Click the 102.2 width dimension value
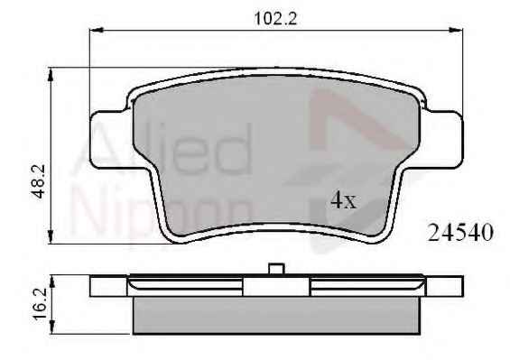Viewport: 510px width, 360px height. [x=275, y=19]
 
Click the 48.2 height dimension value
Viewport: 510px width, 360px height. [x=39, y=181]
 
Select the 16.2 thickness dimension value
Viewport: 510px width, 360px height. [x=41, y=304]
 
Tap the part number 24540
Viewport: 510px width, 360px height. [x=460, y=233]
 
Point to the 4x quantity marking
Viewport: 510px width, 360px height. [x=344, y=200]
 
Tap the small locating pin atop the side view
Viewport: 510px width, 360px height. [x=276, y=269]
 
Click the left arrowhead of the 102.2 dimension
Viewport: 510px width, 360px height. [x=97, y=30]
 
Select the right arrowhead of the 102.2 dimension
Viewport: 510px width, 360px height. [x=456, y=30]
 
